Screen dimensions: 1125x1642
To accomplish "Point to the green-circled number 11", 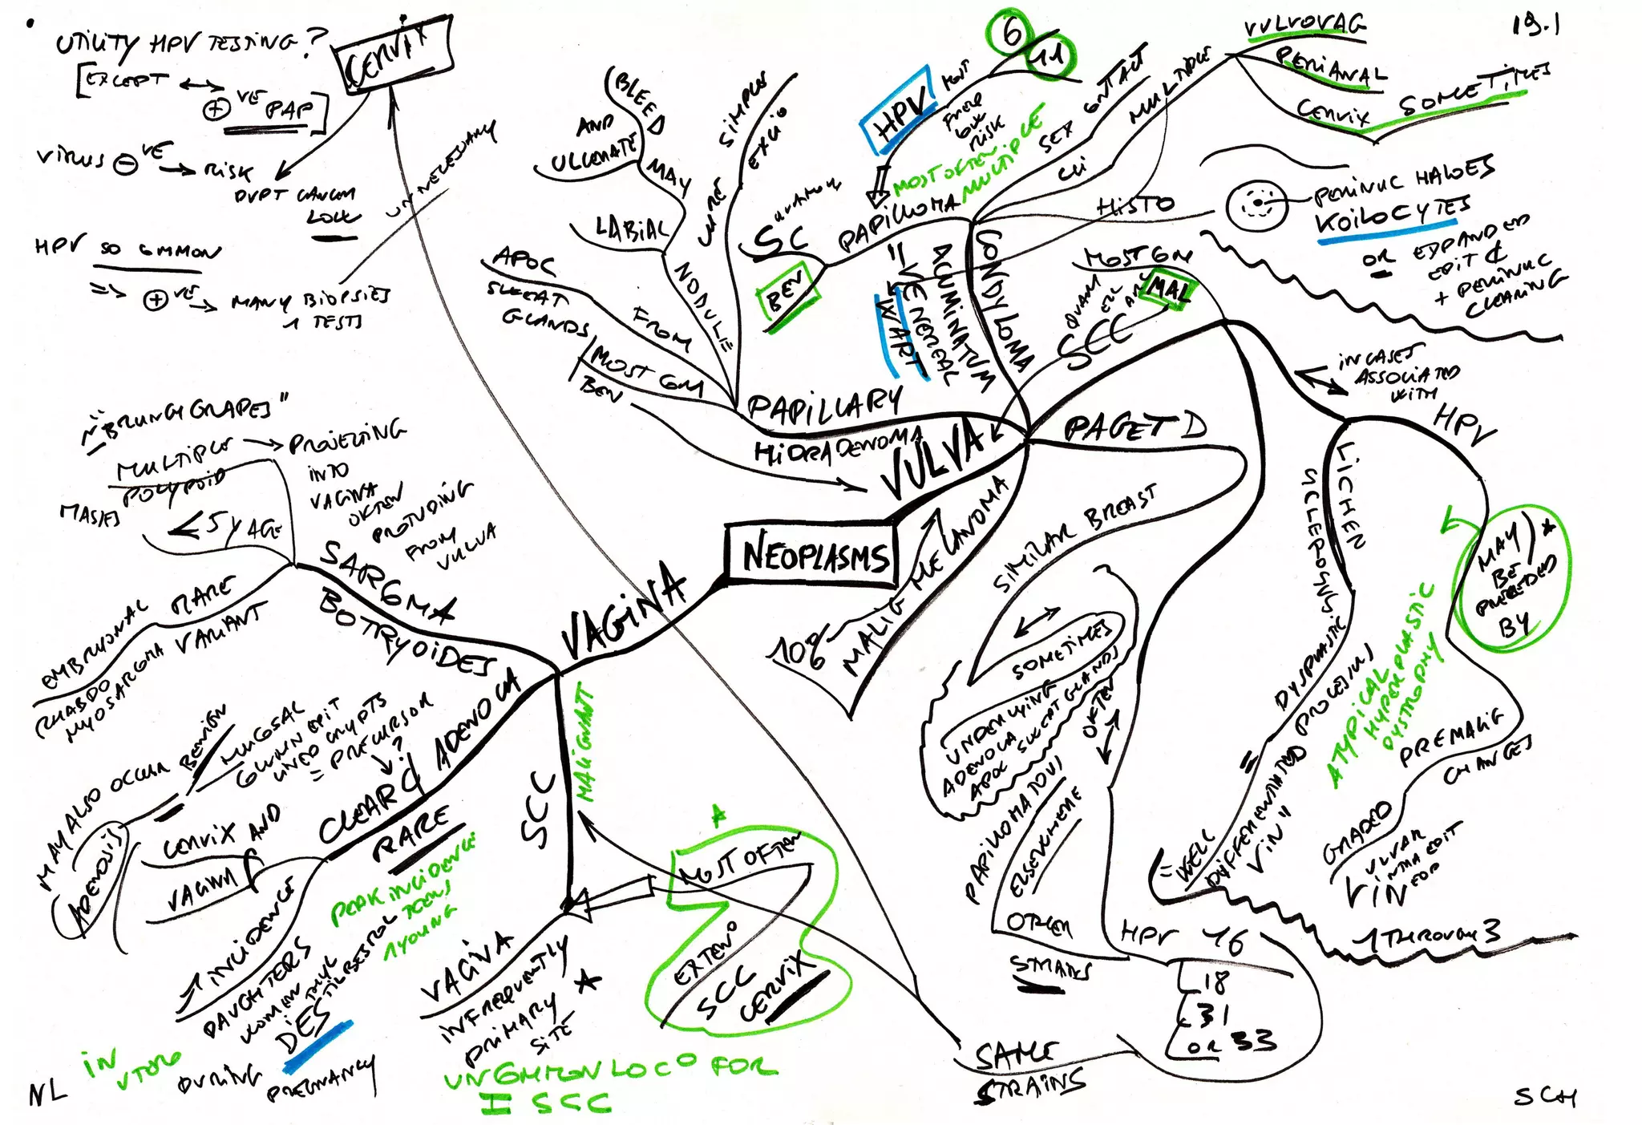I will tap(1049, 56).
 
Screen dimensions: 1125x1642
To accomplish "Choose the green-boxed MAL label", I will tap(1169, 289).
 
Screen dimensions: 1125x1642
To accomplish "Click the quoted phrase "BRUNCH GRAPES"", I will tap(188, 417).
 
